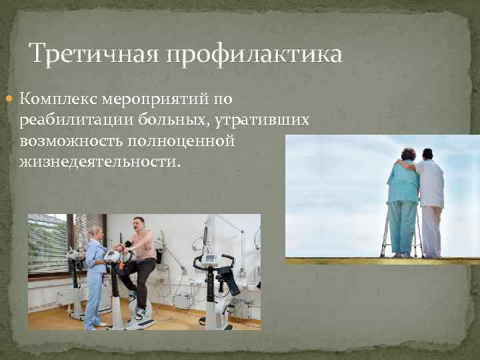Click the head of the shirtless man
(139, 225)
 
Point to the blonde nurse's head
(95, 234)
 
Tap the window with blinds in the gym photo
(47, 244)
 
